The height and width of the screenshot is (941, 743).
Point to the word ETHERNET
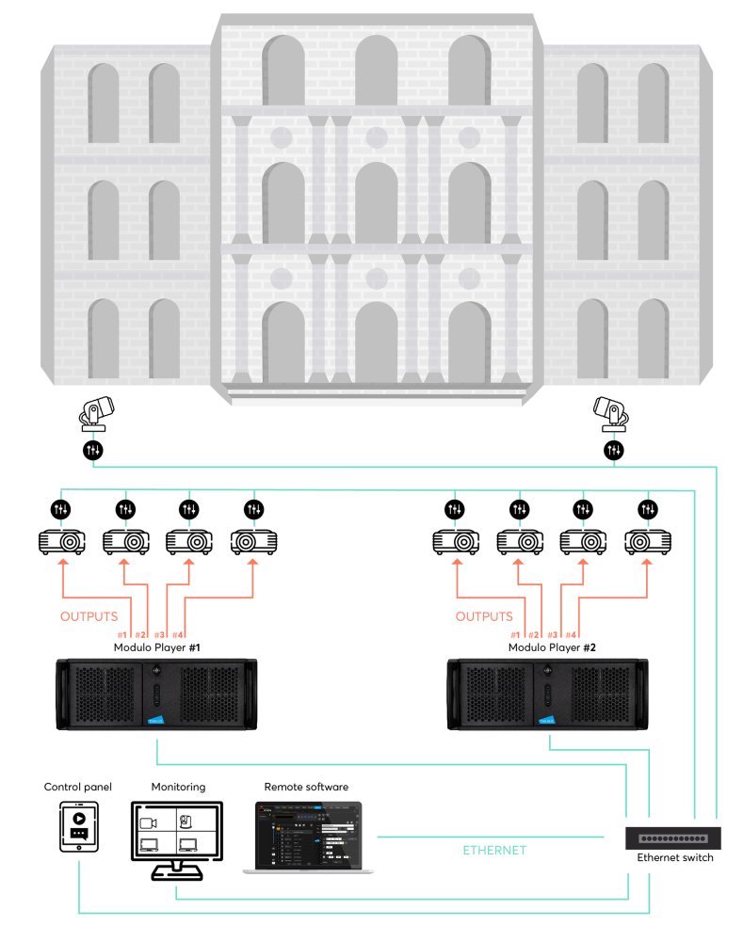click(494, 850)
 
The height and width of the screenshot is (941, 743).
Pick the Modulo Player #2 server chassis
click(547, 694)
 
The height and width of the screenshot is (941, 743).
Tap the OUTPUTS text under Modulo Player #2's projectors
click(485, 617)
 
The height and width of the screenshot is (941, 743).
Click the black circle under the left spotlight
click(93, 451)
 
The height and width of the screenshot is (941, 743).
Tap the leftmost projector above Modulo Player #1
click(61, 542)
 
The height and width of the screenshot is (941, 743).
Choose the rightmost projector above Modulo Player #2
click(648, 542)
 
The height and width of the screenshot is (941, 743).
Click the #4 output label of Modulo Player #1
click(180, 635)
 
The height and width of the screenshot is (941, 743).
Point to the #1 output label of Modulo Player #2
click(514, 635)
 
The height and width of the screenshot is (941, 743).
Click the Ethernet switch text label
click(674, 858)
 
